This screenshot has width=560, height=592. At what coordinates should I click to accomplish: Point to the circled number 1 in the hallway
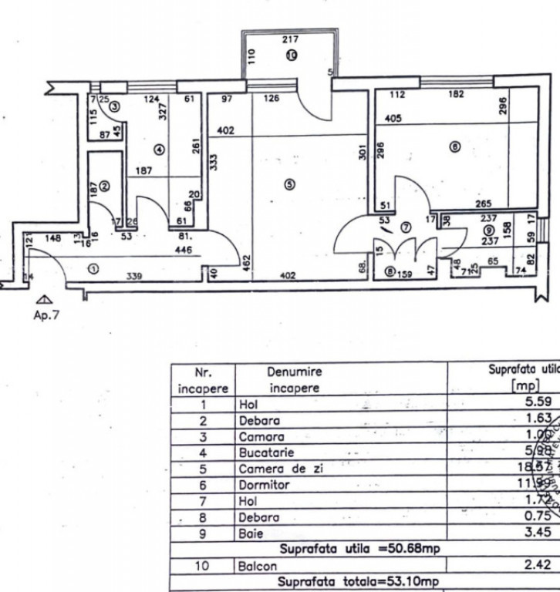click(94, 270)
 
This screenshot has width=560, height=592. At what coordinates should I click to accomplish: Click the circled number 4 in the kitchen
click(158, 150)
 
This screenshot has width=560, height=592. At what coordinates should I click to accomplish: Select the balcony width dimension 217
click(290, 39)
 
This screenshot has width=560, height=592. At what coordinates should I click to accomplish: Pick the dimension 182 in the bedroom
click(458, 95)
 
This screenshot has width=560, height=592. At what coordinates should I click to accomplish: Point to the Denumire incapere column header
click(293, 379)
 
